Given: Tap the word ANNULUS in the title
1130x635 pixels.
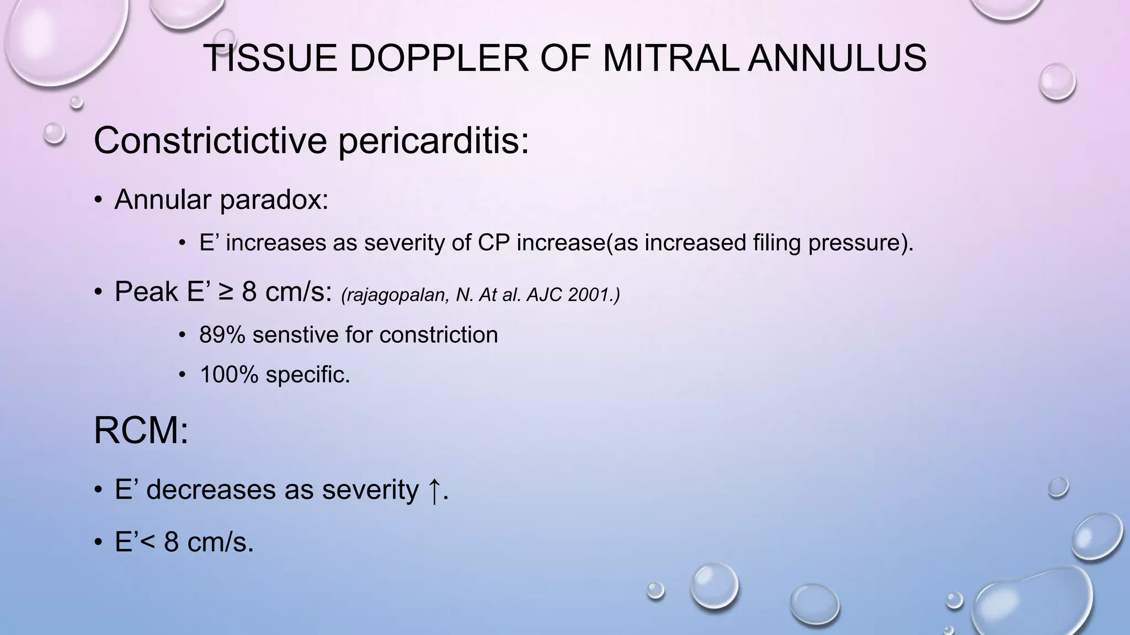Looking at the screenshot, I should [x=837, y=58].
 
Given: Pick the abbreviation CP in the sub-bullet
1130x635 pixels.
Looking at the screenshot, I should [x=494, y=243].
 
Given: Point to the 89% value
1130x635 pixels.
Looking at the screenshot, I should [x=222, y=335].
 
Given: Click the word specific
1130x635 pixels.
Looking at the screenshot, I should [x=308, y=375].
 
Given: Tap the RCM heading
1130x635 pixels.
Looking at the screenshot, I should [x=141, y=430].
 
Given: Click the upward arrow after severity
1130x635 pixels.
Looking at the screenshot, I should [x=434, y=490].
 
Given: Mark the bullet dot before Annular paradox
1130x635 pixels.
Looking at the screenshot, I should [x=98, y=200].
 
